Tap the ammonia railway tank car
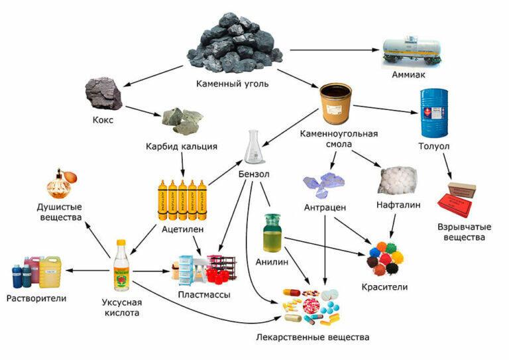coord(414,52)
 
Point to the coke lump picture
coord(104,93)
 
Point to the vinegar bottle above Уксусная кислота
coord(121,265)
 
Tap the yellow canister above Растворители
coord(50,272)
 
